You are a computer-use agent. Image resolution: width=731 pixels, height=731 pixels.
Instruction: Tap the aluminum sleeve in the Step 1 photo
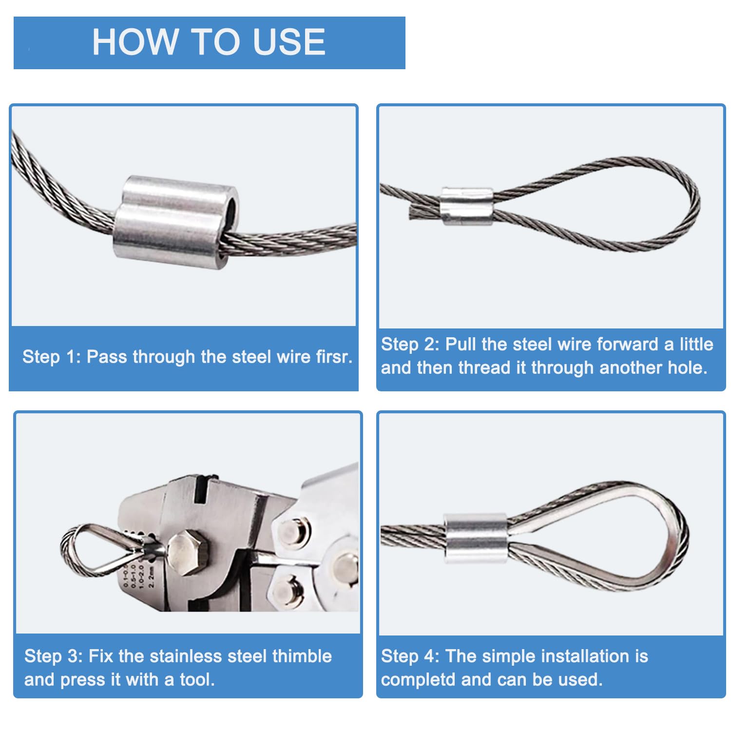click(176, 217)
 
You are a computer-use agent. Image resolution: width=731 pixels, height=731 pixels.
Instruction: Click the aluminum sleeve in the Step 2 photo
click(467, 205)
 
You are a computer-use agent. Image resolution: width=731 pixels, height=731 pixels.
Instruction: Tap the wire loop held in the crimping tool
click(97, 551)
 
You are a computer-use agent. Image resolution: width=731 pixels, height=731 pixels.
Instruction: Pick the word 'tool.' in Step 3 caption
click(197, 679)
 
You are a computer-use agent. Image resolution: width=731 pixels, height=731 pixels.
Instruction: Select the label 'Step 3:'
click(54, 656)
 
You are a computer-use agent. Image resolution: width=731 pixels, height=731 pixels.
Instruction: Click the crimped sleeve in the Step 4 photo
click(476, 539)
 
